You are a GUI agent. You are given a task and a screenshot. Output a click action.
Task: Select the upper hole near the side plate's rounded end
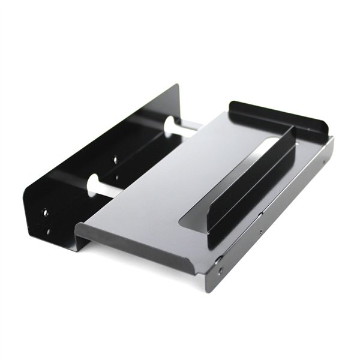(45, 212)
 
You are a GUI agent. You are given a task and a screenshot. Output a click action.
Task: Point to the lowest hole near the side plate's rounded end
(48, 230)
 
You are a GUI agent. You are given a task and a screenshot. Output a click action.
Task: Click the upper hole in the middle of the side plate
(116, 160)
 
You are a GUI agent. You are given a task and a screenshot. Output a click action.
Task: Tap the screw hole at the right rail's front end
(220, 271)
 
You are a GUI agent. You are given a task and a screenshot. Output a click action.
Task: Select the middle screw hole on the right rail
(260, 232)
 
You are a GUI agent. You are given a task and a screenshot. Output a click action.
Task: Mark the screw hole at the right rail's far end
(325, 161)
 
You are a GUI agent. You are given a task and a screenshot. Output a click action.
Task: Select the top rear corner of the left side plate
(177, 86)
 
